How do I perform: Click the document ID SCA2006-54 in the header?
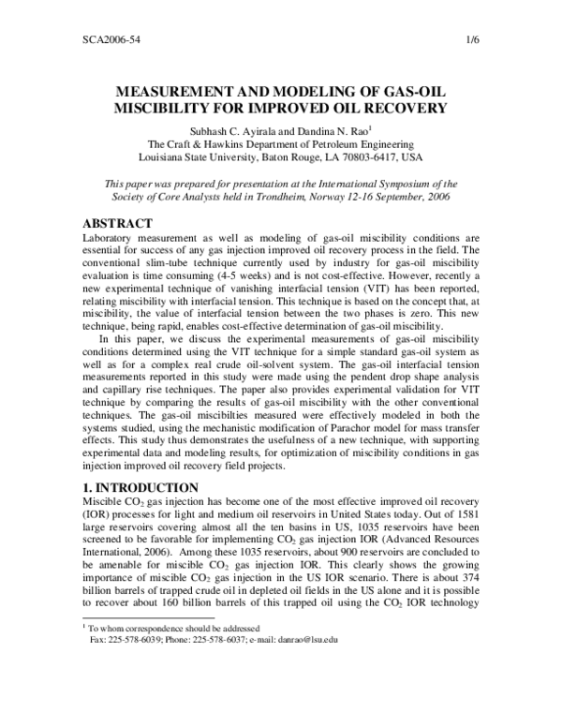click(x=98, y=41)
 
